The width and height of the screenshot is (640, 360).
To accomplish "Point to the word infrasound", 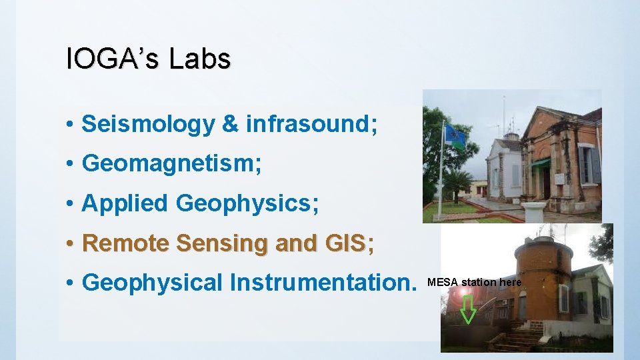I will tap(311, 124).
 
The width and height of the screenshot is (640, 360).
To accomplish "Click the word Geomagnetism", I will tap(171, 164).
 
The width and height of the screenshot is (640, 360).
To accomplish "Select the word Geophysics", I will tap(247, 203).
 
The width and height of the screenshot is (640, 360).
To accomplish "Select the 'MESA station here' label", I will tap(474, 282).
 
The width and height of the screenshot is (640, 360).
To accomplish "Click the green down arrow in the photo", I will tap(469, 310).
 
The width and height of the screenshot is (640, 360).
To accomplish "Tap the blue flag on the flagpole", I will tap(455, 136).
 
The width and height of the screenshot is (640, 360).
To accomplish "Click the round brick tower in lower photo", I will tap(544, 273).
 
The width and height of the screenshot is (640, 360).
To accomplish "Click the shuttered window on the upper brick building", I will tap(588, 164).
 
